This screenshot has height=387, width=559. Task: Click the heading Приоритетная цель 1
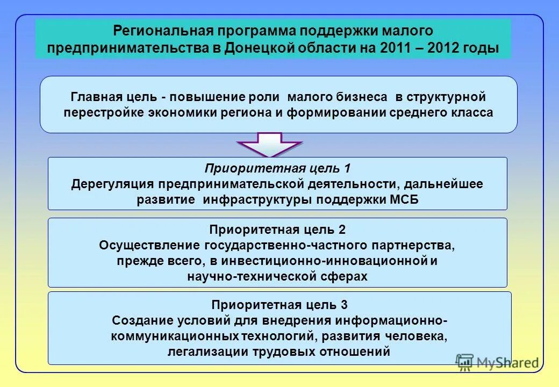[x=277, y=168]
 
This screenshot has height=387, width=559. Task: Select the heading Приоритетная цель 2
[x=277, y=230]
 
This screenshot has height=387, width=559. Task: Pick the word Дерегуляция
[x=112, y=184]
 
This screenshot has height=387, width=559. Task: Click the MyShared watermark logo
[x=497, y=362]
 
